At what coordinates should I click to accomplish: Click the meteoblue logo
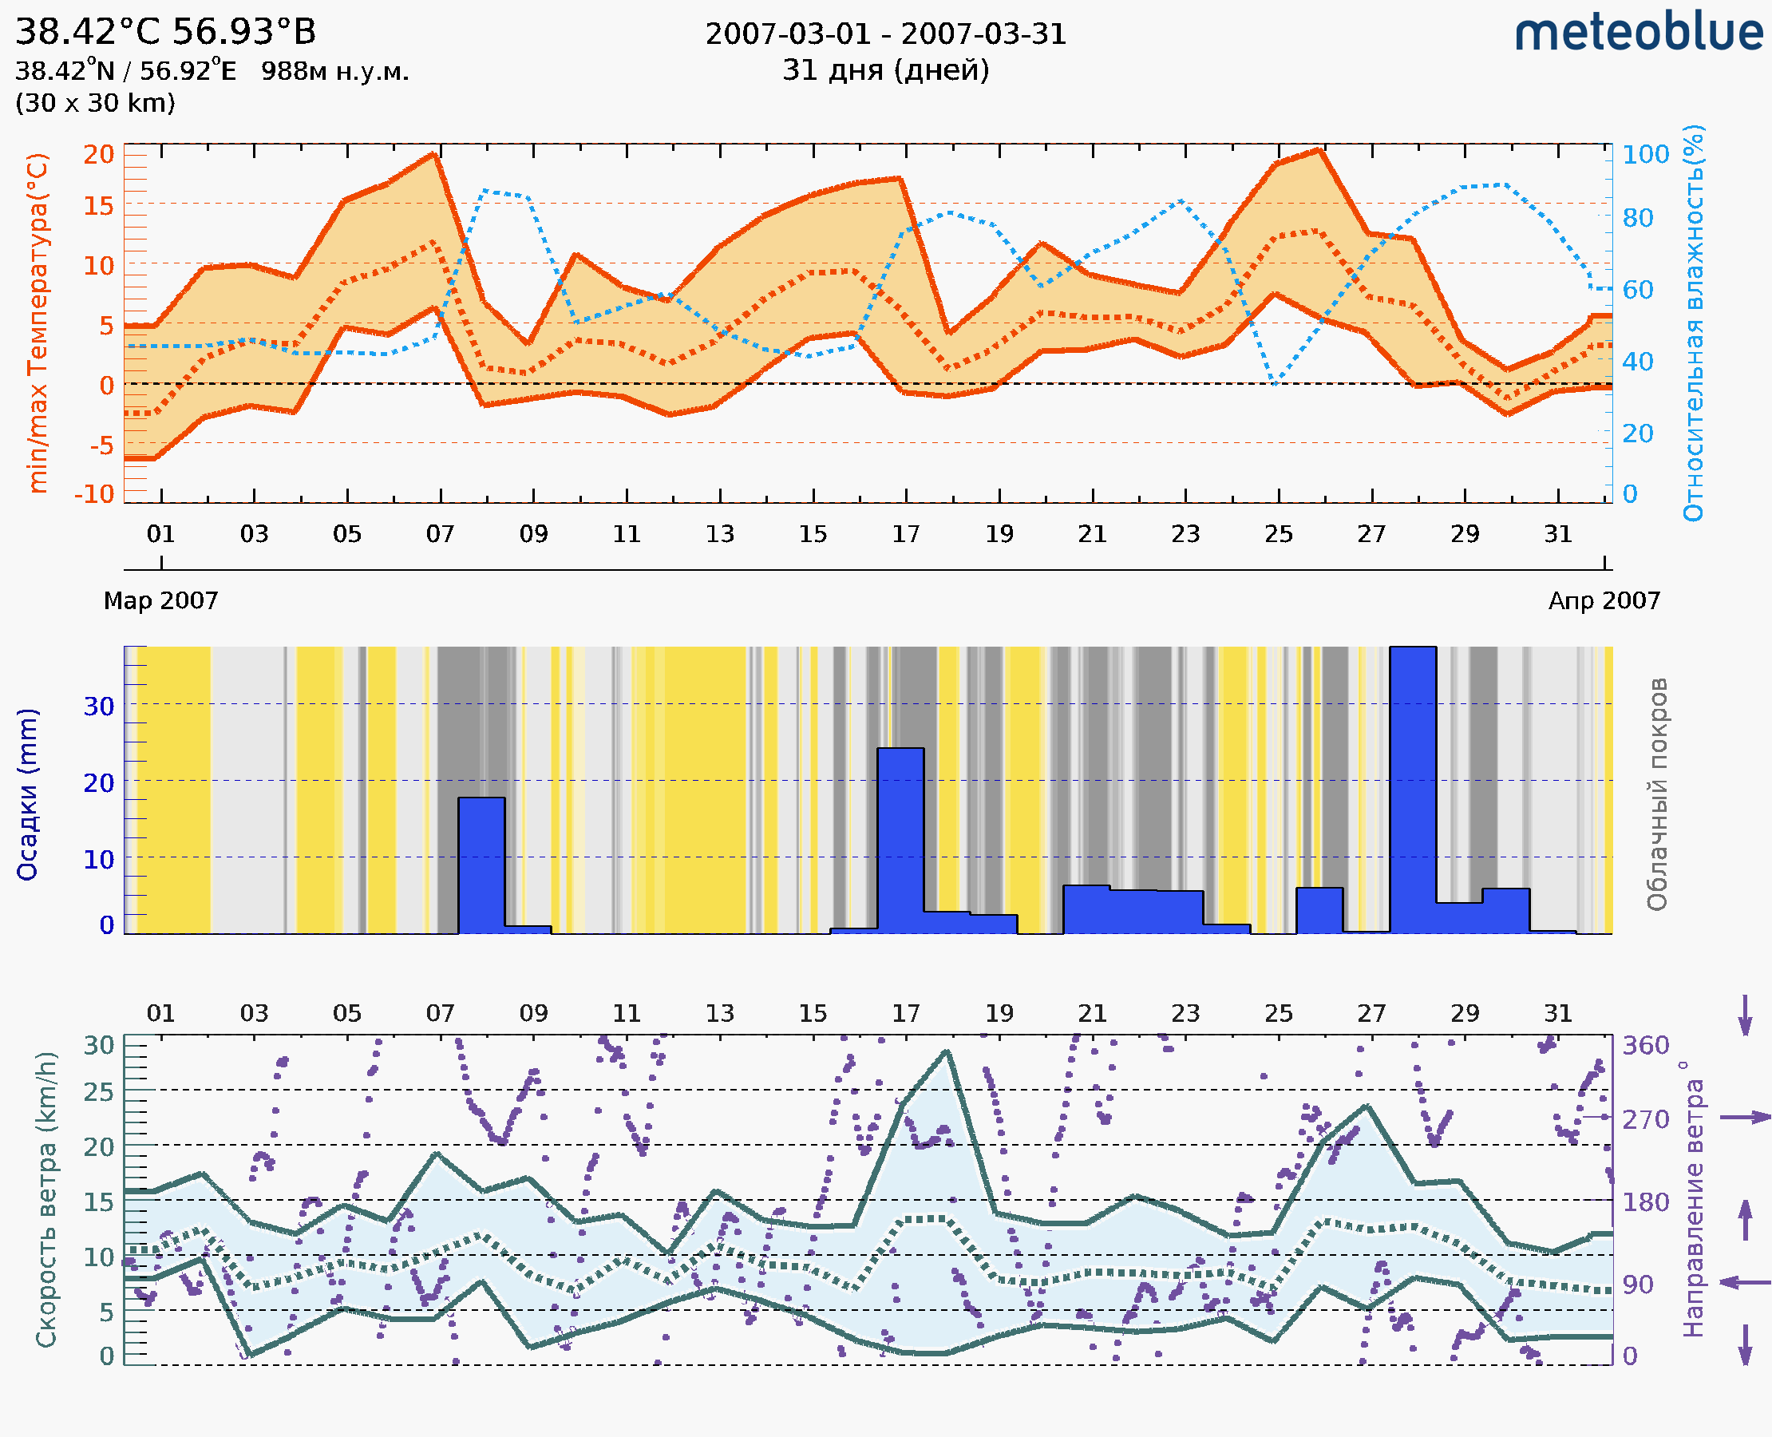click(x=1638, y=33)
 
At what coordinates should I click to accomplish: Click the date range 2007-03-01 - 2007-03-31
click(x=885, y=35)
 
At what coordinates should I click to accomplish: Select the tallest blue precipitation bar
click(x=1413, y=790)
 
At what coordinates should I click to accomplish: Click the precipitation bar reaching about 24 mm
click(x=900, y=840)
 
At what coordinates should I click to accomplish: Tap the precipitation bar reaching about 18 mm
click(x=481, y=865)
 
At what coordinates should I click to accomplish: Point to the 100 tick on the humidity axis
click(x=1644, y=155)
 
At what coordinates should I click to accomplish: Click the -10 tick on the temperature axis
click(x=94, y=494)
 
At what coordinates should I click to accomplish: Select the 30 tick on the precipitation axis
click(x=98, y=706)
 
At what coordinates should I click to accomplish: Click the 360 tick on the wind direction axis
click(x=1645, y=1046)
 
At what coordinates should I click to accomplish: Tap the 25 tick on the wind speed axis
click(x=98, y=1092)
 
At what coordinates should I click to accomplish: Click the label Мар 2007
click(x=160, y=601)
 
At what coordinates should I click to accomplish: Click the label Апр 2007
click(x=1604, y=601)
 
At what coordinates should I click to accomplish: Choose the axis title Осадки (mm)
click(x=27, y=794)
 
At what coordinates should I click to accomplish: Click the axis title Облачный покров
click(x=1656, y=794)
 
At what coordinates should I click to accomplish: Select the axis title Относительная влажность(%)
click(x=1693, y=323)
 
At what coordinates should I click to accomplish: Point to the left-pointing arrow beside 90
click(x=1745, y=1282)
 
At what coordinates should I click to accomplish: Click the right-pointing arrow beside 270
click(x=1745, y=1118)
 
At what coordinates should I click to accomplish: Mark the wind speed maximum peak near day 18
click(x=946, y=1052)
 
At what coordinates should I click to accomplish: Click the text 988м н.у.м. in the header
click(x=334, y=72)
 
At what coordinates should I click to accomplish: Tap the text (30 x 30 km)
click(x=95, y=104)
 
